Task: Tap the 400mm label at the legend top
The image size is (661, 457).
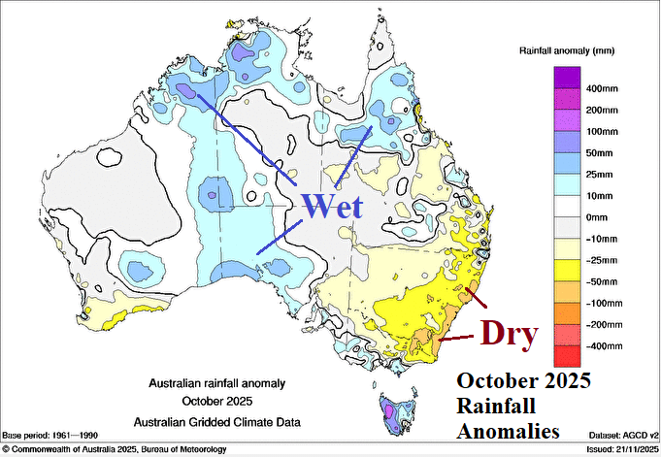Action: (599, 88)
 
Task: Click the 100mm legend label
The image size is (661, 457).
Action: (599, 132)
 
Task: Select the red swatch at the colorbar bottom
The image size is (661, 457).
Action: (567, 357)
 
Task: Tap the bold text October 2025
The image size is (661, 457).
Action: (523, 378)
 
